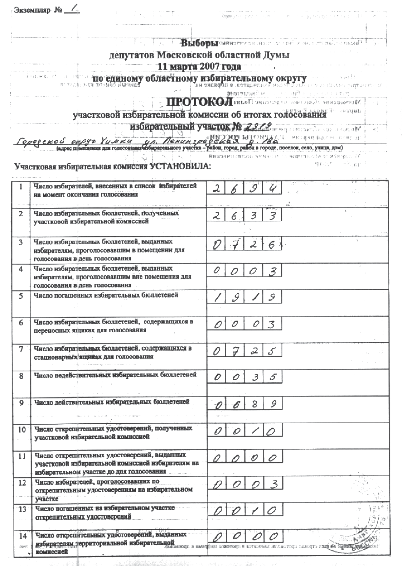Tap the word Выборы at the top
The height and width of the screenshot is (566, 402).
click(x=200, y=44)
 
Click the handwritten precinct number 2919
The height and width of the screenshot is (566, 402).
click(x=258, y=126)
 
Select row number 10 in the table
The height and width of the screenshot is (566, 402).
click(x=22, y=429)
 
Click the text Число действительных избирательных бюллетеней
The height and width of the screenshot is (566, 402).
click(x=112, y=402)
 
